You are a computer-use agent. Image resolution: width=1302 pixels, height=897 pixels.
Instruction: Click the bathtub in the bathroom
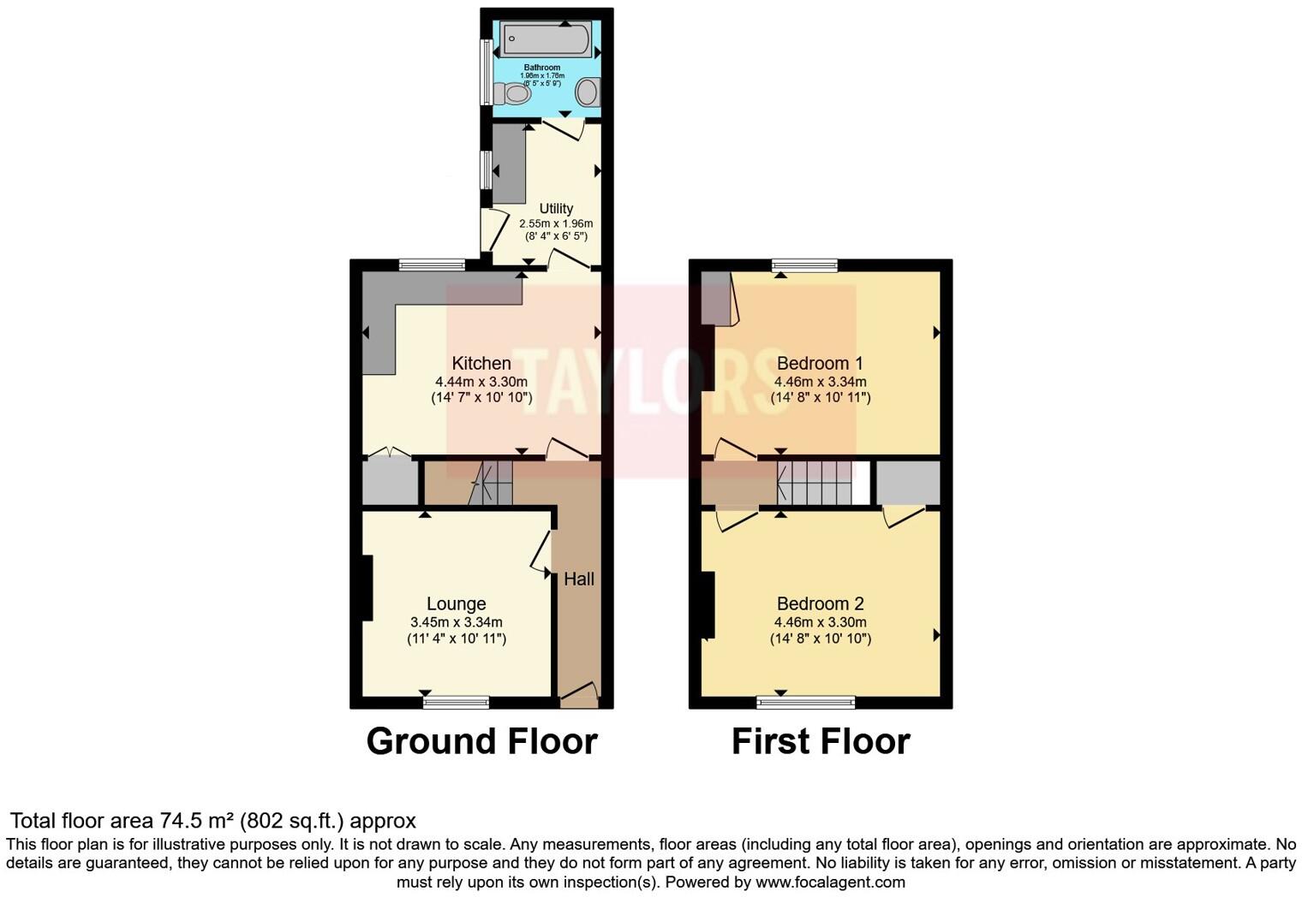pos(546,39)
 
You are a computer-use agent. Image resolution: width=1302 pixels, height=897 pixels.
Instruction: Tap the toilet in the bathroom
pos(513,92)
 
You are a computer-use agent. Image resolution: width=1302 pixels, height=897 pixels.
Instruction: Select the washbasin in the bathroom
pos(588,92)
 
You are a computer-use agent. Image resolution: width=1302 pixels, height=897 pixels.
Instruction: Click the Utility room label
pos(556,208)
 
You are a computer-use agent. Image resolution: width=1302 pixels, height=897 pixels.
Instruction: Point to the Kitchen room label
pos(481,364)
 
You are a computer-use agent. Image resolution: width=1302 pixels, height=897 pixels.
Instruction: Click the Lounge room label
pos(457,604)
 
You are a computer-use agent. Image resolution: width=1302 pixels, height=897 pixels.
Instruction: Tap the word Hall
pos(579,579)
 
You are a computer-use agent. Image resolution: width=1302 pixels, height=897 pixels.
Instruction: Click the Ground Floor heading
pos(481,741)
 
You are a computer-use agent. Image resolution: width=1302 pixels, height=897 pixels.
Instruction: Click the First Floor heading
pos(820,741)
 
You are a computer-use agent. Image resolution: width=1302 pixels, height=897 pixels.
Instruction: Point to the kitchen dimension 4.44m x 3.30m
pos(481,382)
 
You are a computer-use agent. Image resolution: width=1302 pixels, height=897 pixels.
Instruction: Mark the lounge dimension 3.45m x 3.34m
pos(457,622)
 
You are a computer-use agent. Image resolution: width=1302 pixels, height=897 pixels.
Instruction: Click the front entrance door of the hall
pos(578,695)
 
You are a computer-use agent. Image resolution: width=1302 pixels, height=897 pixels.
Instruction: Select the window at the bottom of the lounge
pos(457,703)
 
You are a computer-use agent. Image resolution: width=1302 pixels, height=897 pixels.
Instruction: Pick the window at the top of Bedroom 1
pos(804,265)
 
